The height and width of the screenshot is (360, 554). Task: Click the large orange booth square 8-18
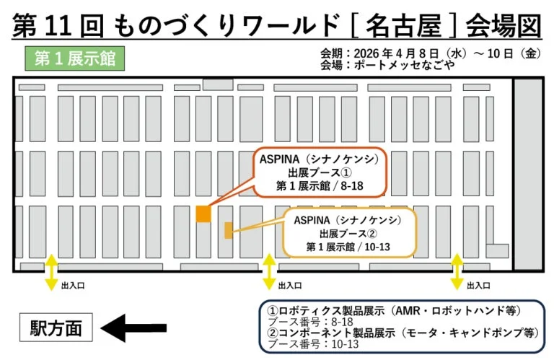point(203,214)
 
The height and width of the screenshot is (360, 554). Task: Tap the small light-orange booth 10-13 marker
point(229,230)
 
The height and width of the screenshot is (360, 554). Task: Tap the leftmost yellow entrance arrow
point(51,272)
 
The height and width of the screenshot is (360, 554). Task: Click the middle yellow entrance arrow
point(268,272)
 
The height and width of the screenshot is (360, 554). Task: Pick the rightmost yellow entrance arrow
point(456,272)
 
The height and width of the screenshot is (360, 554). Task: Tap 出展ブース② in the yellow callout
point(348,234)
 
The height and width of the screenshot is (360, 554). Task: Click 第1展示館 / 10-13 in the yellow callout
point(348,247)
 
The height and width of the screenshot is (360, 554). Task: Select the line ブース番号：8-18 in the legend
point(312,322)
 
